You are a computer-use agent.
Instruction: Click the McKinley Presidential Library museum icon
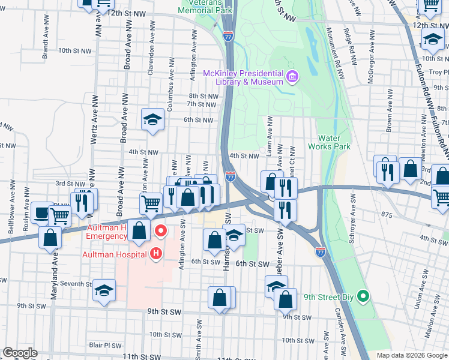(x=292, y=76)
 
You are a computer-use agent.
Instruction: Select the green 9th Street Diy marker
(x=362, y=296)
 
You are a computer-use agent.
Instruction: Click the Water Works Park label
(x=329, y=142)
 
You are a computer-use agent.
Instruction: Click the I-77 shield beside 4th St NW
(x=231, y=176)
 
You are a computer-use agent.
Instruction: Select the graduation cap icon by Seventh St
(x=104, y=292)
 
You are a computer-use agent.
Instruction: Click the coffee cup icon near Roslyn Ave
(x=41, y=212)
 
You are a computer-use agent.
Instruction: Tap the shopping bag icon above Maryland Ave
(x=50, y=237)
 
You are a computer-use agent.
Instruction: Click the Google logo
(x=20, y=353)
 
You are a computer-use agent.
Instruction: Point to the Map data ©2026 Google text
(x=412, y=355)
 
